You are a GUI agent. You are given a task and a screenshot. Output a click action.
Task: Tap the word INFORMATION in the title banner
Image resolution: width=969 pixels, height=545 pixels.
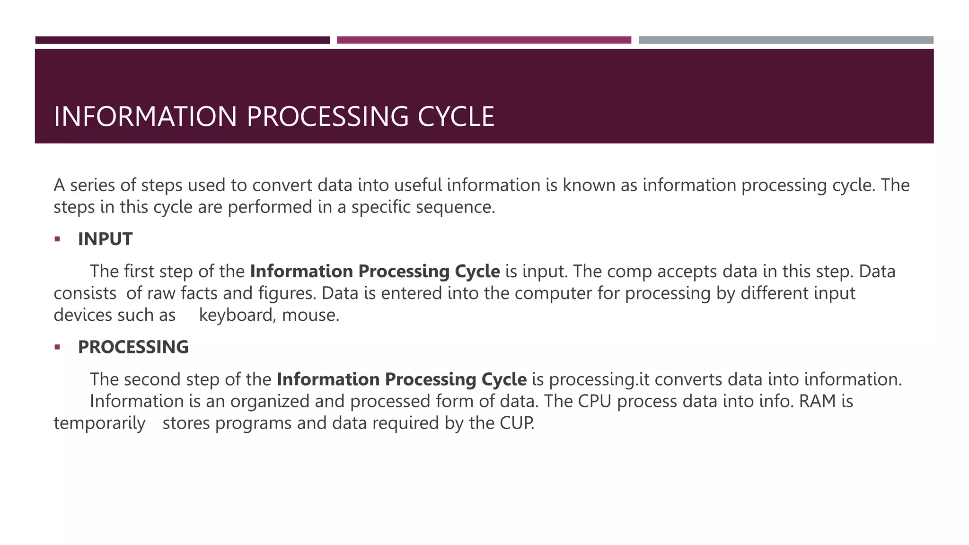click(145, 117)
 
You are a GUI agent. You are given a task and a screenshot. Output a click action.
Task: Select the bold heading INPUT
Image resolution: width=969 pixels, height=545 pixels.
click(105, 239)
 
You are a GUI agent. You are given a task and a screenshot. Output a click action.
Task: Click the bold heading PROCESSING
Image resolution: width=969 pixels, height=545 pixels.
click(133, 347)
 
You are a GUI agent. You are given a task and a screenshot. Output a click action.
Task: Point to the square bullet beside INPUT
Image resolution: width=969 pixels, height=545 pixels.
click(57, 239)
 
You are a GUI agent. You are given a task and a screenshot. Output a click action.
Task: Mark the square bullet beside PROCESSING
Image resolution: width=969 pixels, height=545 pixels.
click(57, 347)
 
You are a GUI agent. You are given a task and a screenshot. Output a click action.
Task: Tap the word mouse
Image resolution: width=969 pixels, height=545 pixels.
click(310, 315)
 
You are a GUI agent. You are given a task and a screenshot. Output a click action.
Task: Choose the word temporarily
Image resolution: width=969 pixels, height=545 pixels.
click(99, 423)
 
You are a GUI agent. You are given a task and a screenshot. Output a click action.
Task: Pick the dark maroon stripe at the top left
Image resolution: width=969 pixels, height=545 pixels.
click(182, 40)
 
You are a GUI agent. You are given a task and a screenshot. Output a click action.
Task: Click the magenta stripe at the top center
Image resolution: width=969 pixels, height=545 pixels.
click(484, 40)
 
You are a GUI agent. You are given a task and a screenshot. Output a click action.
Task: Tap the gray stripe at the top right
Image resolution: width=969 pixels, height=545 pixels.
click(786, 40)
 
